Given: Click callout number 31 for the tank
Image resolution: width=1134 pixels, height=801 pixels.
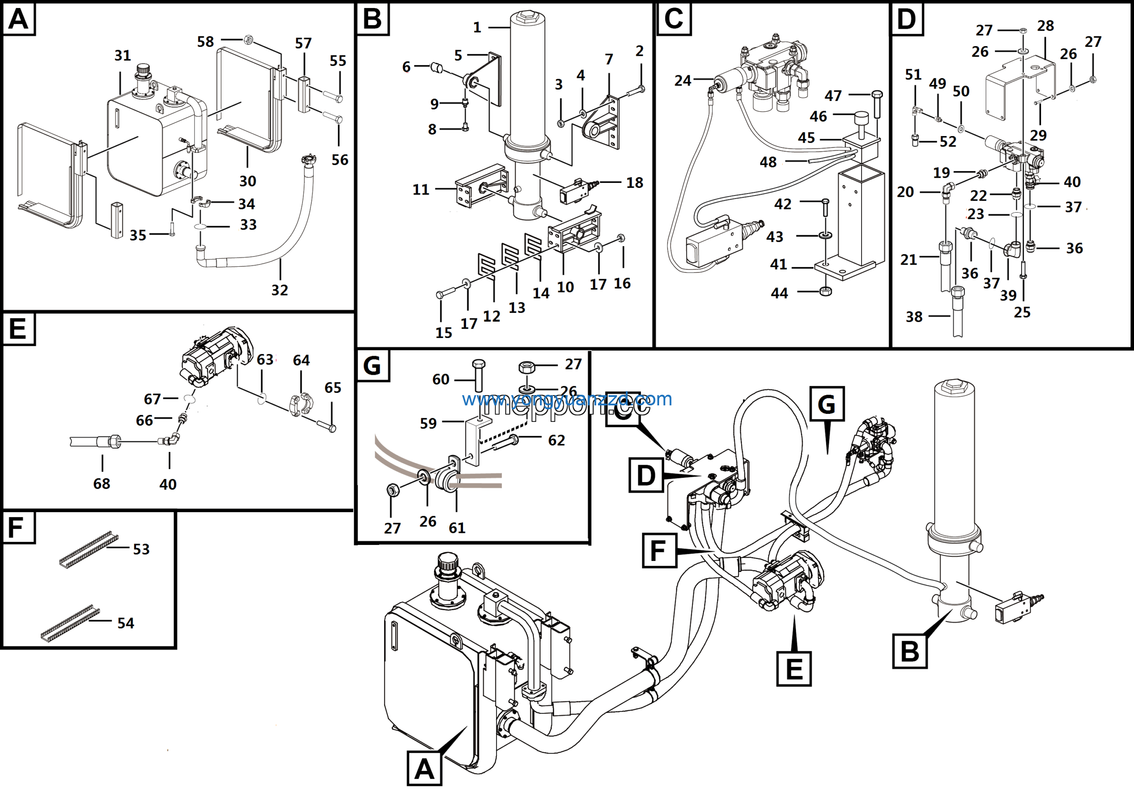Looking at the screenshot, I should (x=123, y=55).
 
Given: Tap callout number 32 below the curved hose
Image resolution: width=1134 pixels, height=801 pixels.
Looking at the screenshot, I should (x=280, y=290).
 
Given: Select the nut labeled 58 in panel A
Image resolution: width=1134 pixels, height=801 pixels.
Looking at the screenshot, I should (x=249, y=39).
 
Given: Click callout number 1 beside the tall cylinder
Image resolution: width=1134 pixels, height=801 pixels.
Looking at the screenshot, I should (x=477, y=27).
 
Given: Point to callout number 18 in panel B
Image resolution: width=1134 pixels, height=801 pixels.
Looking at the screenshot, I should (x=635, y=183).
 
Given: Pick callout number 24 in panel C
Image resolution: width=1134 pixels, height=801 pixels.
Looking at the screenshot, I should (x=683, y=81).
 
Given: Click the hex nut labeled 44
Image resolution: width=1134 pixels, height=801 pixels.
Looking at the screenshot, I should (x=825, y=292).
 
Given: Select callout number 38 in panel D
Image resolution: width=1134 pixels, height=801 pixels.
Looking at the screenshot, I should (x=914, y=317).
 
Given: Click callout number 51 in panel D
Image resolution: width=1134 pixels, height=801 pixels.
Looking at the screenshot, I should (x=913, y=74).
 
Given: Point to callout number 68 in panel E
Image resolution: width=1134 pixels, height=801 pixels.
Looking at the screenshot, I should (x=102, y=483).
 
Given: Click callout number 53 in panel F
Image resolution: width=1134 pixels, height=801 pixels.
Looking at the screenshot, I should (x=141, y=549).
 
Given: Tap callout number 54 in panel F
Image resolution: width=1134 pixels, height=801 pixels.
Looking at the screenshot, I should (x=125, y=623).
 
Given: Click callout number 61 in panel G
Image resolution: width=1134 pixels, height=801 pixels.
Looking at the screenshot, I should (x=457, y=528).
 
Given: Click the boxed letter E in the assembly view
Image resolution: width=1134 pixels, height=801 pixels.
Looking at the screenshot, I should (x=794, y=669).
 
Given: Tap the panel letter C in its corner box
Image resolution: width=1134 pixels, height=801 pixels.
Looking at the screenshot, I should (x=674, y=19).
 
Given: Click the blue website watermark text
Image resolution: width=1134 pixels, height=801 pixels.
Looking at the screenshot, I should (x=567, y=399).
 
